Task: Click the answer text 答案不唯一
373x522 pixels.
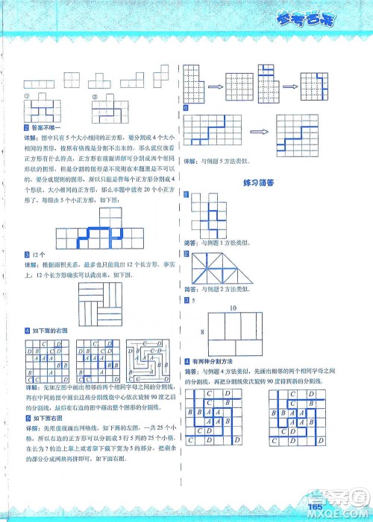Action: pos(42,130)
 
